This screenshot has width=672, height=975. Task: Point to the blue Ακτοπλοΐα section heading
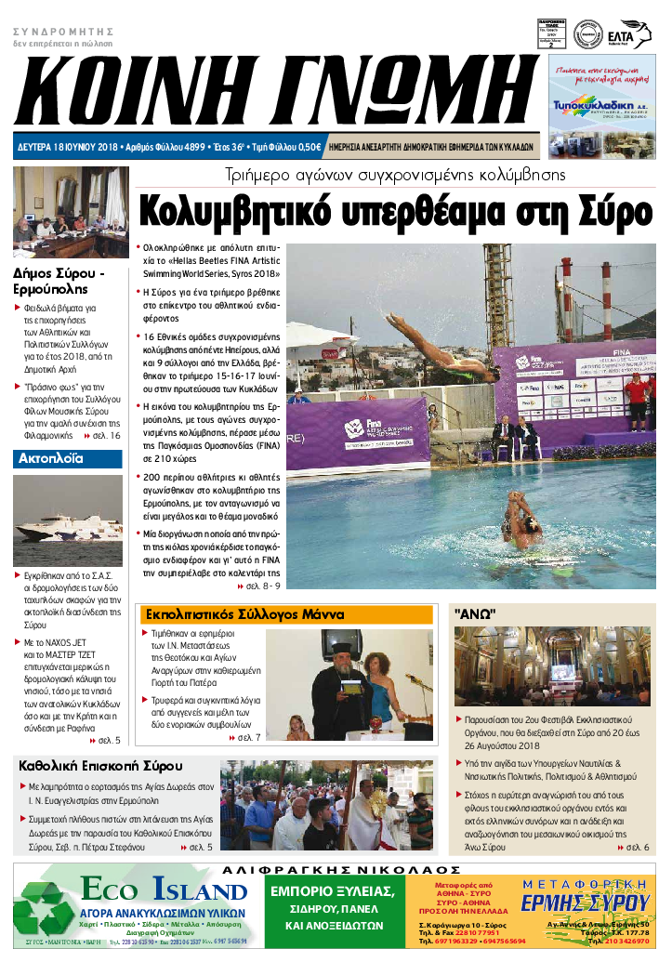click(x=51, y=458)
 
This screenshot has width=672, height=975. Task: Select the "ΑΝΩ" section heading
click(x=475, y=614)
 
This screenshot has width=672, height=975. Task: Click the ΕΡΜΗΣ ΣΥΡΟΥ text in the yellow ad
click(x=597, y=903)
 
